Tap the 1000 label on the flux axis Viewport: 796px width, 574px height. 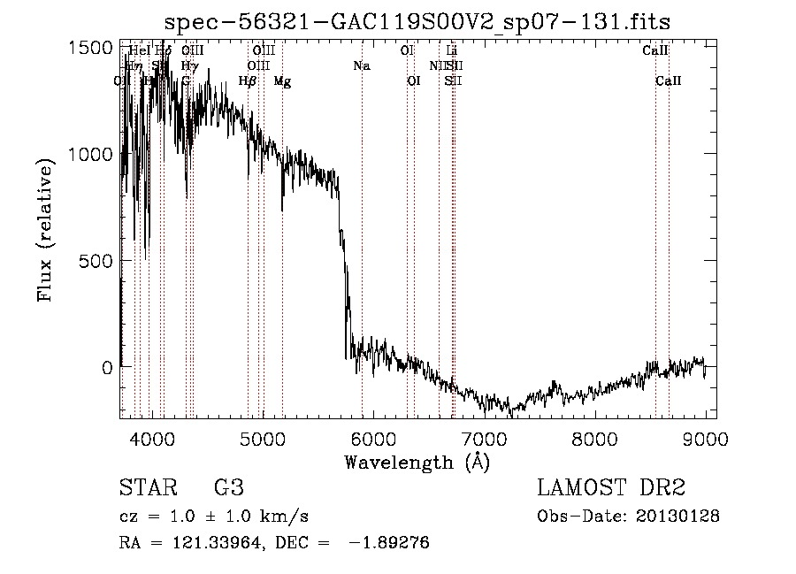pos(89,154)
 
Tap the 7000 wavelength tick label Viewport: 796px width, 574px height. pos(484,438)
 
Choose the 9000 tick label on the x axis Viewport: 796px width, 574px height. pos(705,438)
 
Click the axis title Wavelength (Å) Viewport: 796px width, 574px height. pos(417,462)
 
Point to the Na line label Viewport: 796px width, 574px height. pos(361,66)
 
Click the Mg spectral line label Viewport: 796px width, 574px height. pos(282,81)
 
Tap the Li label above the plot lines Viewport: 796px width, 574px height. pos(452,51)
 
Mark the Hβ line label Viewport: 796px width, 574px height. pos(248,81)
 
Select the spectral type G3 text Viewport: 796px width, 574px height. pos(228,488)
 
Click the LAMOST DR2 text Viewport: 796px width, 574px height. pos(611,488)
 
